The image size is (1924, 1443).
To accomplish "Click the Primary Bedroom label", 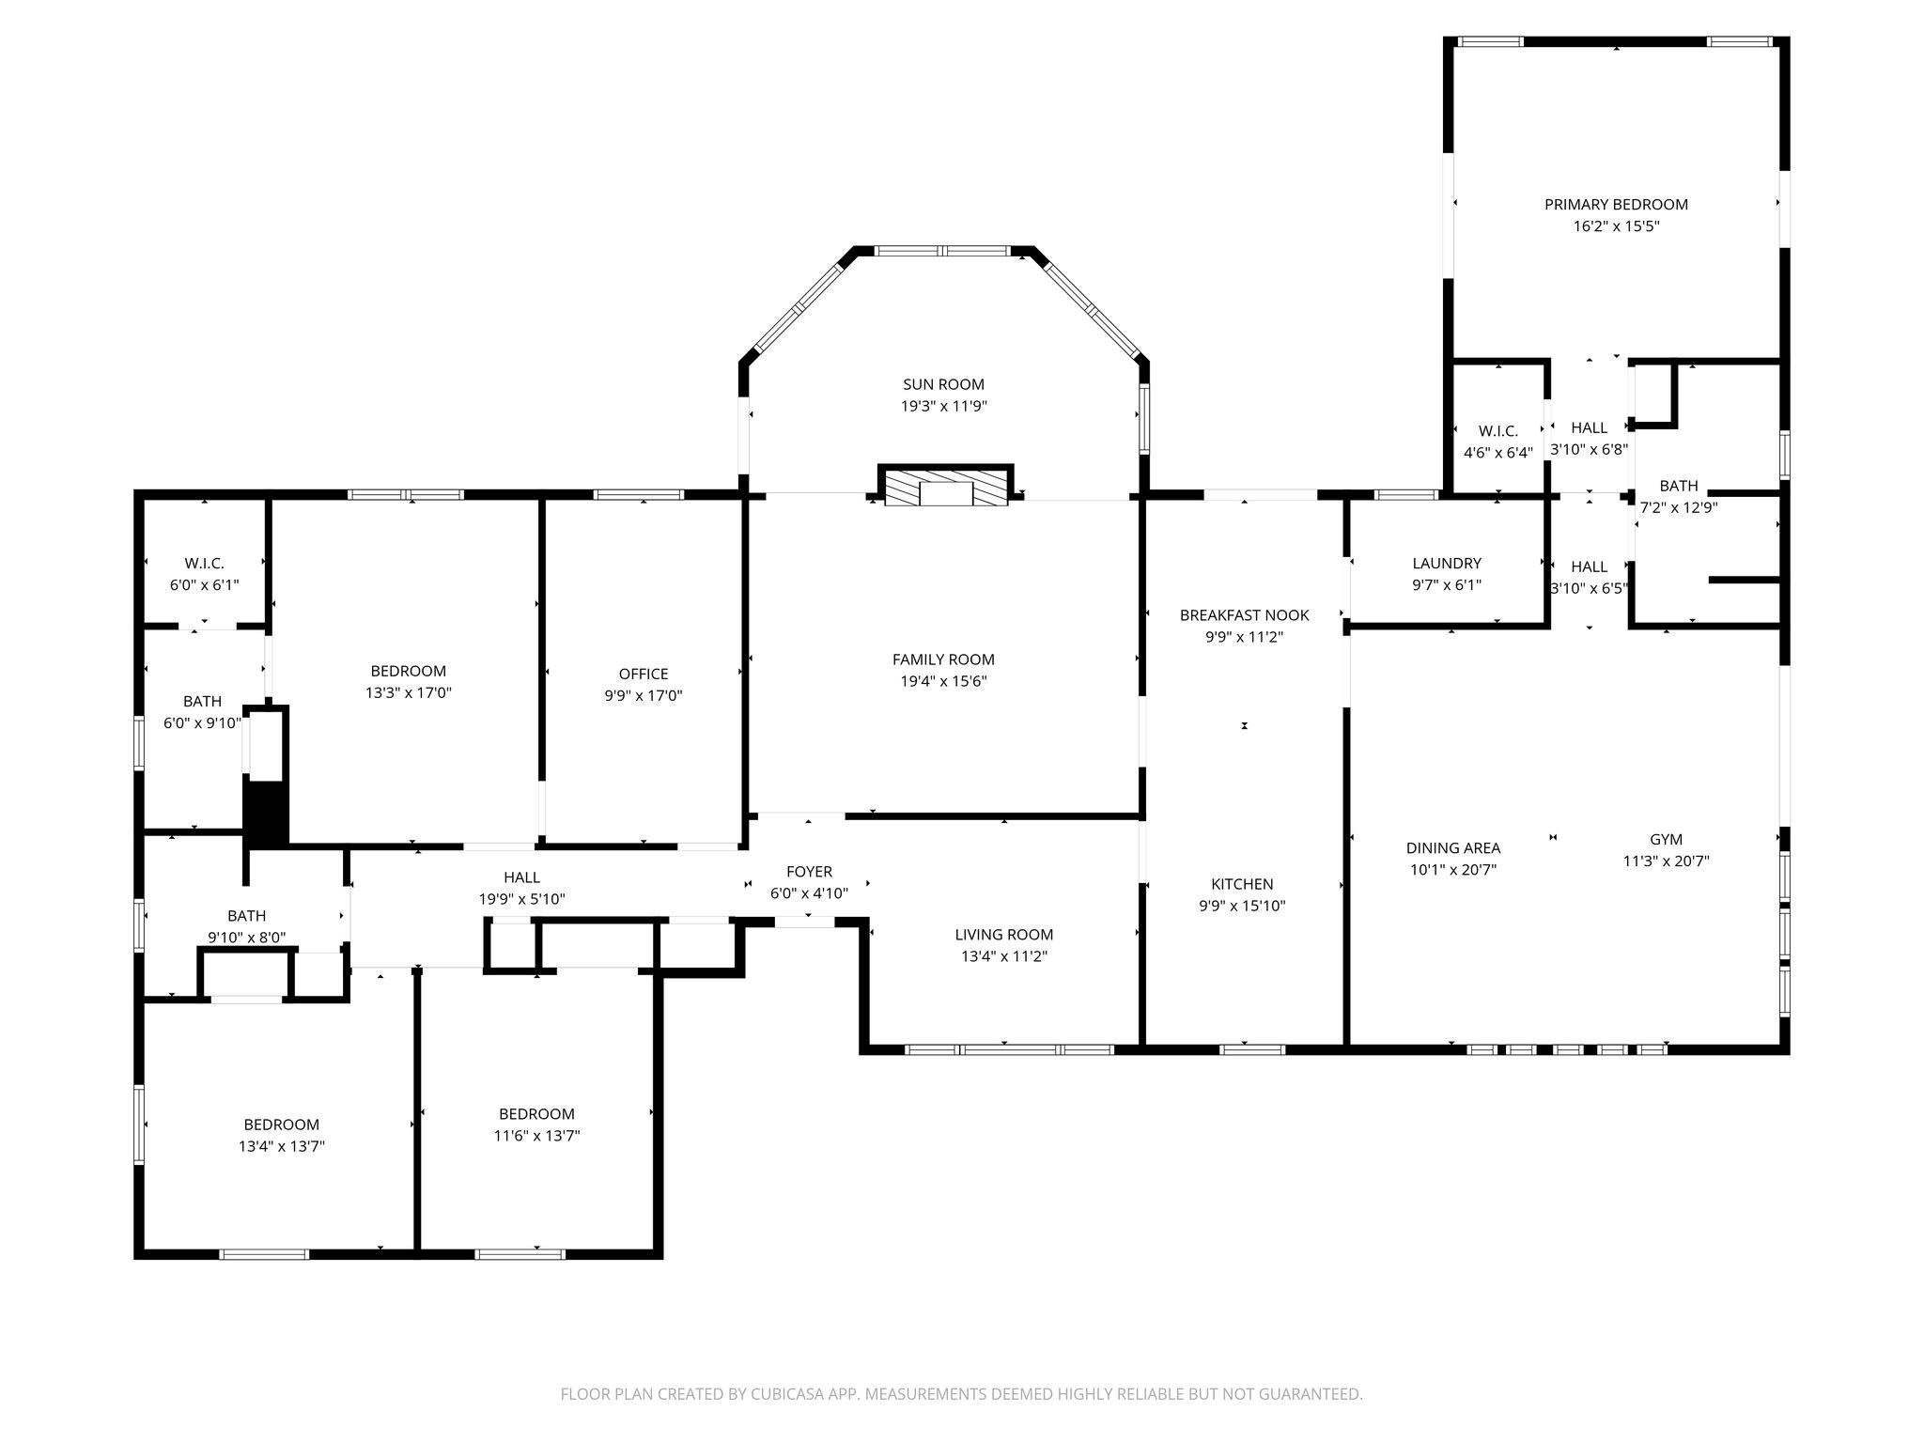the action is tap(1616, 204).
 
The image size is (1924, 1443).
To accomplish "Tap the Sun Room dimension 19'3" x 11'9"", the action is tap(943, 406).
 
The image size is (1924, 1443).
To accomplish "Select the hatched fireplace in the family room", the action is tap(945, 487).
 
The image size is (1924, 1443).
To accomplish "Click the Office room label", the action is tap(644, 674).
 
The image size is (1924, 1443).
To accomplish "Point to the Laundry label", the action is tap(1447, 563).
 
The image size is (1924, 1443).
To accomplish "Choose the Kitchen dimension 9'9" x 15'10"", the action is tap(1242, 906).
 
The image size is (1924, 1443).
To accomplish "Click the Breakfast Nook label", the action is tap(1244, 614).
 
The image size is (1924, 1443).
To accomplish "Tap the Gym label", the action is tap(1666, 839).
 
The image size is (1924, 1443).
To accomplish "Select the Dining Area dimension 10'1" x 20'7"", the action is tap(1452, 869).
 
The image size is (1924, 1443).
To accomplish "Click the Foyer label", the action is tap(809, 871).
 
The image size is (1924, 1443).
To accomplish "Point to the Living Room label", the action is tap(1003, 934).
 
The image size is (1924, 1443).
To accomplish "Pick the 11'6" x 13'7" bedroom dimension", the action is tap(536, 1135).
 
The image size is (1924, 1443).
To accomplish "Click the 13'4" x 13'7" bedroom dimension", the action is tap(282, 1145).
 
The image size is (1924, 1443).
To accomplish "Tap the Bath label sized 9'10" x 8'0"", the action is tap(246, 915).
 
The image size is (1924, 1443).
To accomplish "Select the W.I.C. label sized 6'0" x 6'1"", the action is tap(204, 563).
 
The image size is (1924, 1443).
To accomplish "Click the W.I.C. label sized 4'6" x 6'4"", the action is tap(1497, 430).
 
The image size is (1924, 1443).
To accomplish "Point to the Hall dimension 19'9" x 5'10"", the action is tap(521, 898).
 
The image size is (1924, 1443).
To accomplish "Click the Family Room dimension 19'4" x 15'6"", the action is tap(943, 681).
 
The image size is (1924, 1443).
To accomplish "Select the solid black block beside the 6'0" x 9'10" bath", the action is tap(267, 814).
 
